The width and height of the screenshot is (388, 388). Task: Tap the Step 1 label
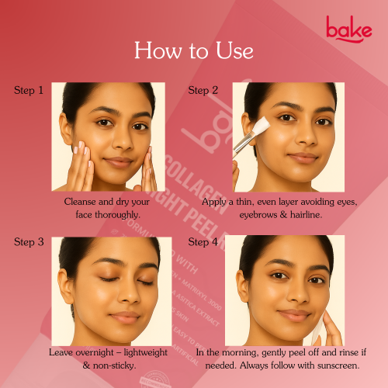point(29,90)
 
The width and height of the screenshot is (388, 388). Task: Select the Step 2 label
point(203,90)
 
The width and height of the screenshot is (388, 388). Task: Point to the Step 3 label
point(29,242)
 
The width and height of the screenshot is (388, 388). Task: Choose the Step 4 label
point(203,242)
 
